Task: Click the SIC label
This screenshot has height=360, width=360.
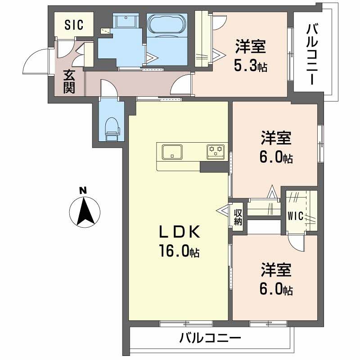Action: tap(74, 25)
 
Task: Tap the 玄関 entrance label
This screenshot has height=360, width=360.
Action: tap(68, 81)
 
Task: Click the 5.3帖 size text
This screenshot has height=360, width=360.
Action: tap(250, 67)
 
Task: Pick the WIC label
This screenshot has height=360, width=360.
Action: tap(296, 216)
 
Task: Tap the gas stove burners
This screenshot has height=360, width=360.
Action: tap(216, 151)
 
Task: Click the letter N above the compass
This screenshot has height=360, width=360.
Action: tap(83, 190)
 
